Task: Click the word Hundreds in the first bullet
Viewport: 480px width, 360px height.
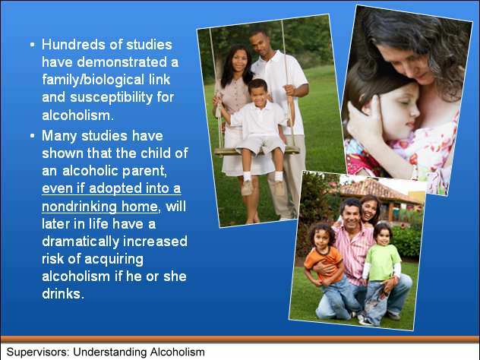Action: (74, 45)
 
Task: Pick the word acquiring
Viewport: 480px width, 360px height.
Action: (114, 260)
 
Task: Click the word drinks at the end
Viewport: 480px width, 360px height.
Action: (63, 294)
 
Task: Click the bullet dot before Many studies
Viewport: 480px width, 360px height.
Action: (33, 136)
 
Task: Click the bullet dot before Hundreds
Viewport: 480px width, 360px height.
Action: (33, 45)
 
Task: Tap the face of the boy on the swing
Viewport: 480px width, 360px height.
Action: (258, 92)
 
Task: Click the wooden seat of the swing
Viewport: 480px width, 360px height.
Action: (257, 151)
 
